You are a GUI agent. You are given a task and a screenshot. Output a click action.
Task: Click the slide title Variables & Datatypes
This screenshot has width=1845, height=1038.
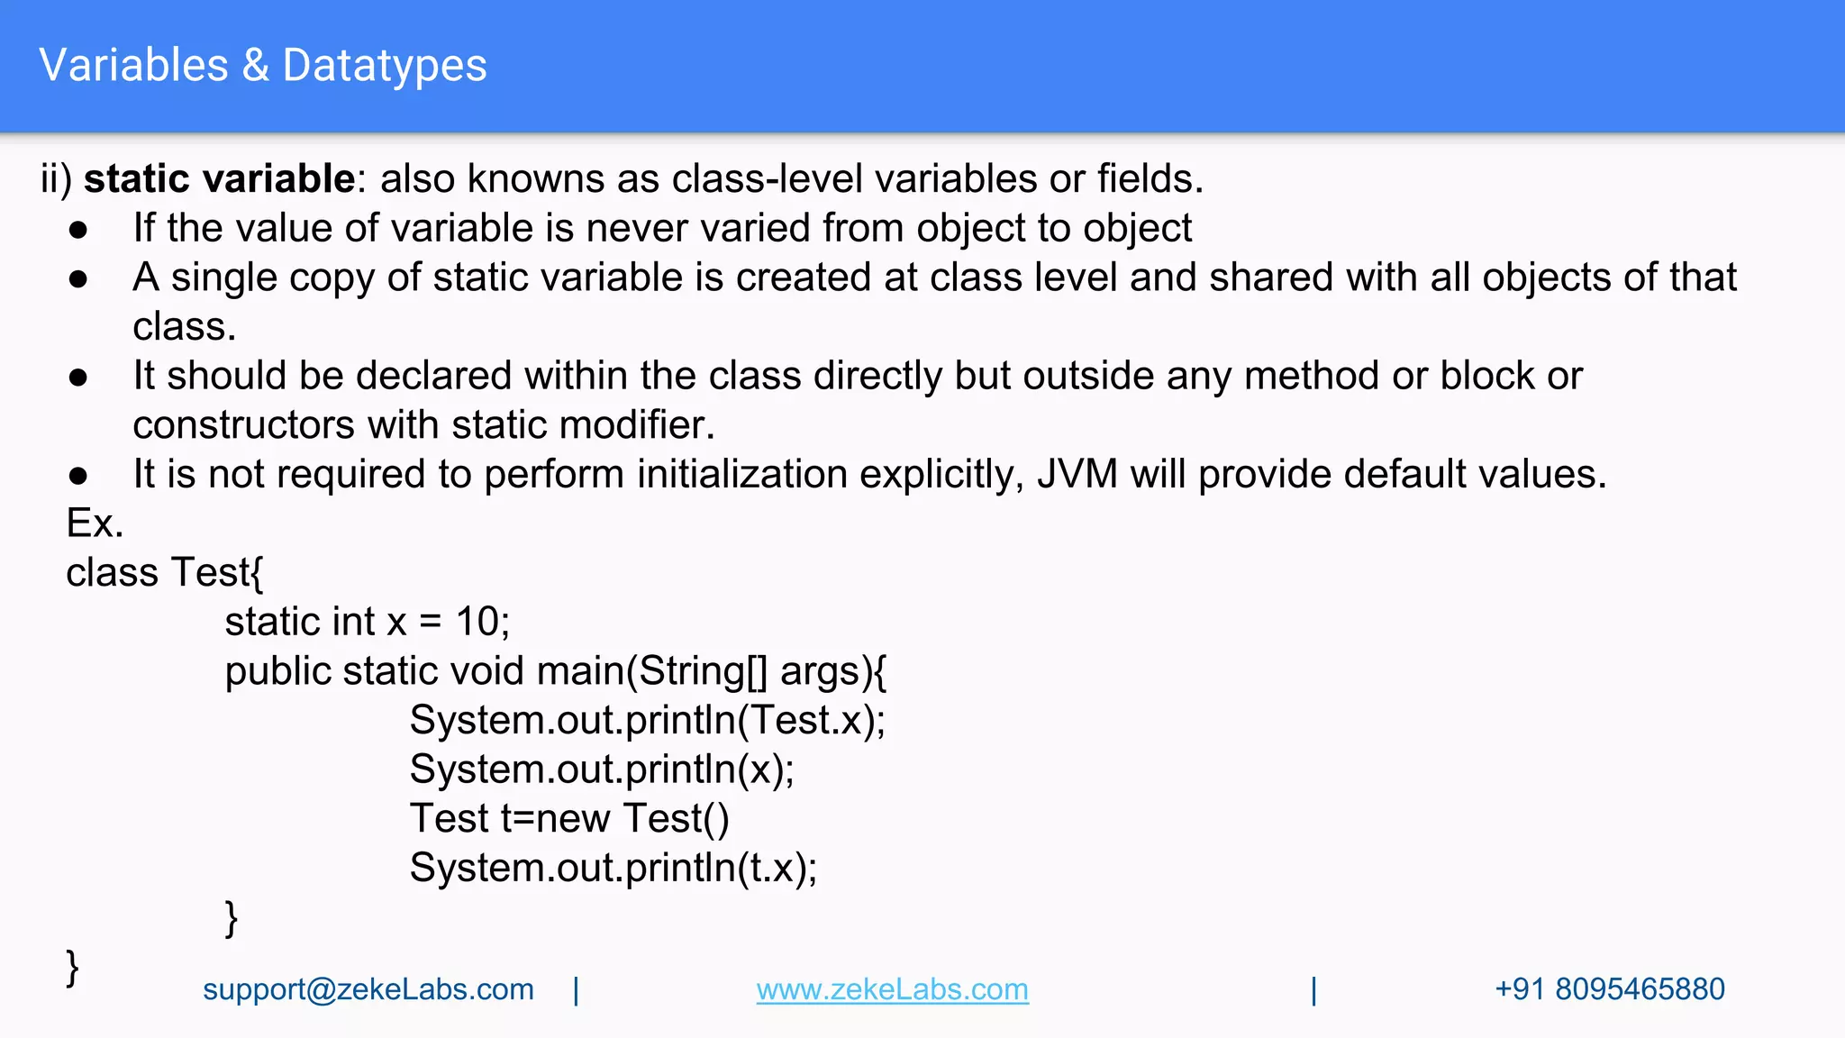[263, 66]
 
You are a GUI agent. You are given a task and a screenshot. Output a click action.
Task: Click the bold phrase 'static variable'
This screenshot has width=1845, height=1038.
[219, 178]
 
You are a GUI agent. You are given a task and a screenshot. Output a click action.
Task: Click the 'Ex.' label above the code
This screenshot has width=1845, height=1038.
[95, 524]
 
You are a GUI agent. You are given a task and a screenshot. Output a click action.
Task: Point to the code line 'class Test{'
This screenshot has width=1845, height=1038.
[165, 573]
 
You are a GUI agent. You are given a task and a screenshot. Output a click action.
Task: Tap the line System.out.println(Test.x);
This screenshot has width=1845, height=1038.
[647, 720]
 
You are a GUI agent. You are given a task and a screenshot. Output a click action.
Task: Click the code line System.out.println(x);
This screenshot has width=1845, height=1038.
[602, 769]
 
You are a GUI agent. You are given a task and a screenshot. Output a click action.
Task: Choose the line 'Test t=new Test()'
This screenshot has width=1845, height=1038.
[569, 818]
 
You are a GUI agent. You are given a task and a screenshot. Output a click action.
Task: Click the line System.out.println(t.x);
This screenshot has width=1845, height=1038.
[613, 868]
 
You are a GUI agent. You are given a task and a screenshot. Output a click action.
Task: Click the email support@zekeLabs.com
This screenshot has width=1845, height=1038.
[368, 989]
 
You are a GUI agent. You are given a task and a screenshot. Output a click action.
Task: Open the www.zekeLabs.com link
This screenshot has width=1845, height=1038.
[892, 989]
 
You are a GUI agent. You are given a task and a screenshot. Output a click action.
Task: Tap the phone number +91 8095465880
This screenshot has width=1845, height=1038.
[1609, 989]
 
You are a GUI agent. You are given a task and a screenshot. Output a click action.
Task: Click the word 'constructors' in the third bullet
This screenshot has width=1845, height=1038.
[243, 425]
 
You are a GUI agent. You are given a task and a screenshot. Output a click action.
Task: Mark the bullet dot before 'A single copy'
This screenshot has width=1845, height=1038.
[78, 279]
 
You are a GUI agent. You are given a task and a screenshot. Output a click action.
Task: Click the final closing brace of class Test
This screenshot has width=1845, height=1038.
[72, 968]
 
